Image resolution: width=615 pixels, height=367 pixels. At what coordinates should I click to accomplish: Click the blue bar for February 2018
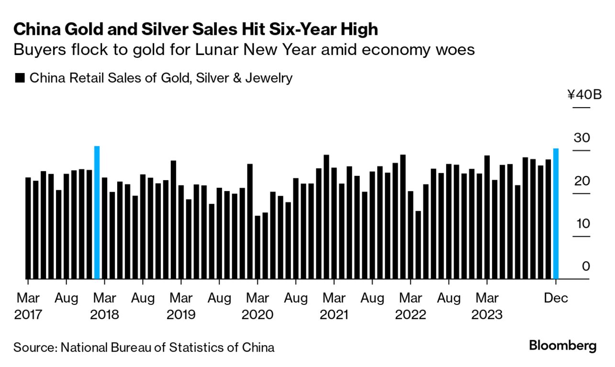(x=97, y=213)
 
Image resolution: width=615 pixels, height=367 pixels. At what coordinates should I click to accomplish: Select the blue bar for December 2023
(x=556, y=214)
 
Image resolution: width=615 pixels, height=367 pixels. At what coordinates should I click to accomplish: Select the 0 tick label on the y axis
(x=586, y=266)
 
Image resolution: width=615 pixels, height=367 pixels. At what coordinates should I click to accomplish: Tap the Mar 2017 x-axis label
(x=29, y=307)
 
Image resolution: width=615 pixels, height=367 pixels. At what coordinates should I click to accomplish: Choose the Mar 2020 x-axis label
(x=257, y=307)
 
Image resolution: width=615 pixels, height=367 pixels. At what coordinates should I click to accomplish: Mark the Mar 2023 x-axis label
(x=487, y=307)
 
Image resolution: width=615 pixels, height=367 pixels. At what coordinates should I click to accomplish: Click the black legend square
(x=20, y=78)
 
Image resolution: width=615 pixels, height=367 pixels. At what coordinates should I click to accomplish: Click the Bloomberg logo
(x=562, y=345)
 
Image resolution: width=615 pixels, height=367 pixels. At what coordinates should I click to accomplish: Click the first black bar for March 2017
(x=28, y=228)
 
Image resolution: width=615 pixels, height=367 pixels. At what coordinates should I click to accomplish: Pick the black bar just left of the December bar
(x=548, y=219)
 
